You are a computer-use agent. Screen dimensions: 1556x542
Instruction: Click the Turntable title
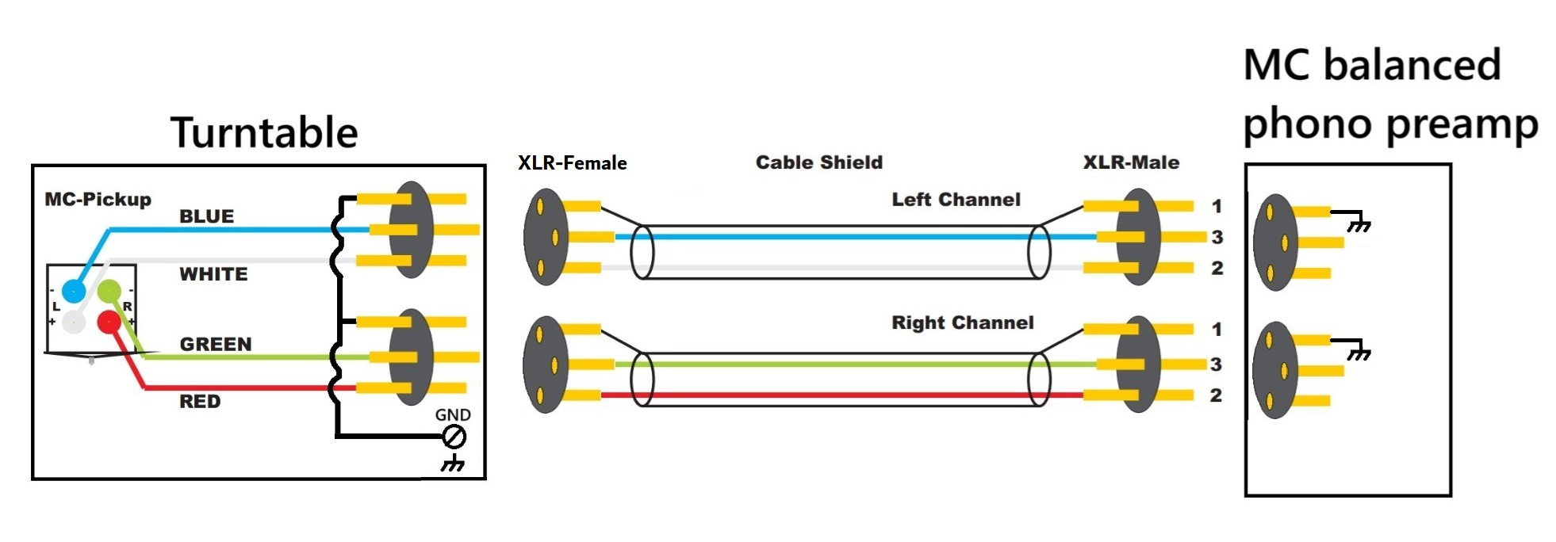click(x=264, y=132)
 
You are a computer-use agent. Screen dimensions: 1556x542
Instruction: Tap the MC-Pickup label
click(x=98, y=200)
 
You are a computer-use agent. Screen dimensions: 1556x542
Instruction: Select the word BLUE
click(x=206, y=216)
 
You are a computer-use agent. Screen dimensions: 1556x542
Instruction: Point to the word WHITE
click(x=213, y=274)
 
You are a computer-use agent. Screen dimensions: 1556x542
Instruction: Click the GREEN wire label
click(x=216, y=344)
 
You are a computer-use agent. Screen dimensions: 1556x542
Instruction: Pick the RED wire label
click(x=200, y=402)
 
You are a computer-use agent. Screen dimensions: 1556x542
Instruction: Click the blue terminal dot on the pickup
click(x=74, y=291)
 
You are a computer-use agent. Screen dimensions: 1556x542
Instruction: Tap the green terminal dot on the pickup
click(x=109, y=291)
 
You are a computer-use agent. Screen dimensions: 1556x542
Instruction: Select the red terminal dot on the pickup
click(x=109, y=322)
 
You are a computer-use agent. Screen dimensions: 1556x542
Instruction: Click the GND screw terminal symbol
click(x=454, y=437)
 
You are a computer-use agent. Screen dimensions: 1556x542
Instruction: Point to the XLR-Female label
click(x=572, y=163)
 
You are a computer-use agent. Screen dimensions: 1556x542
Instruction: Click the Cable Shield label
click(x=818, y=162)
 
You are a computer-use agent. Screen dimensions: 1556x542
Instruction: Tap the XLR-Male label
click(x=1131, y=162)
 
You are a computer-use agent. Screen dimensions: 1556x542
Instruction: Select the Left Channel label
click(x=956, y=200)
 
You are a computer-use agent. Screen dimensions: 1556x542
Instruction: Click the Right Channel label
click(x=963, y=323)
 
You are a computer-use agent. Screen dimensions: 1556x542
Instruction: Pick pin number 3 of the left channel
click(x=1217, y=237)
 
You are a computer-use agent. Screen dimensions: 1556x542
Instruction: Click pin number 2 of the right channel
click(x=1216, y=395)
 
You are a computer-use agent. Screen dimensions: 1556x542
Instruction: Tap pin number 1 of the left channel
click(x=1217, y=207)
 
